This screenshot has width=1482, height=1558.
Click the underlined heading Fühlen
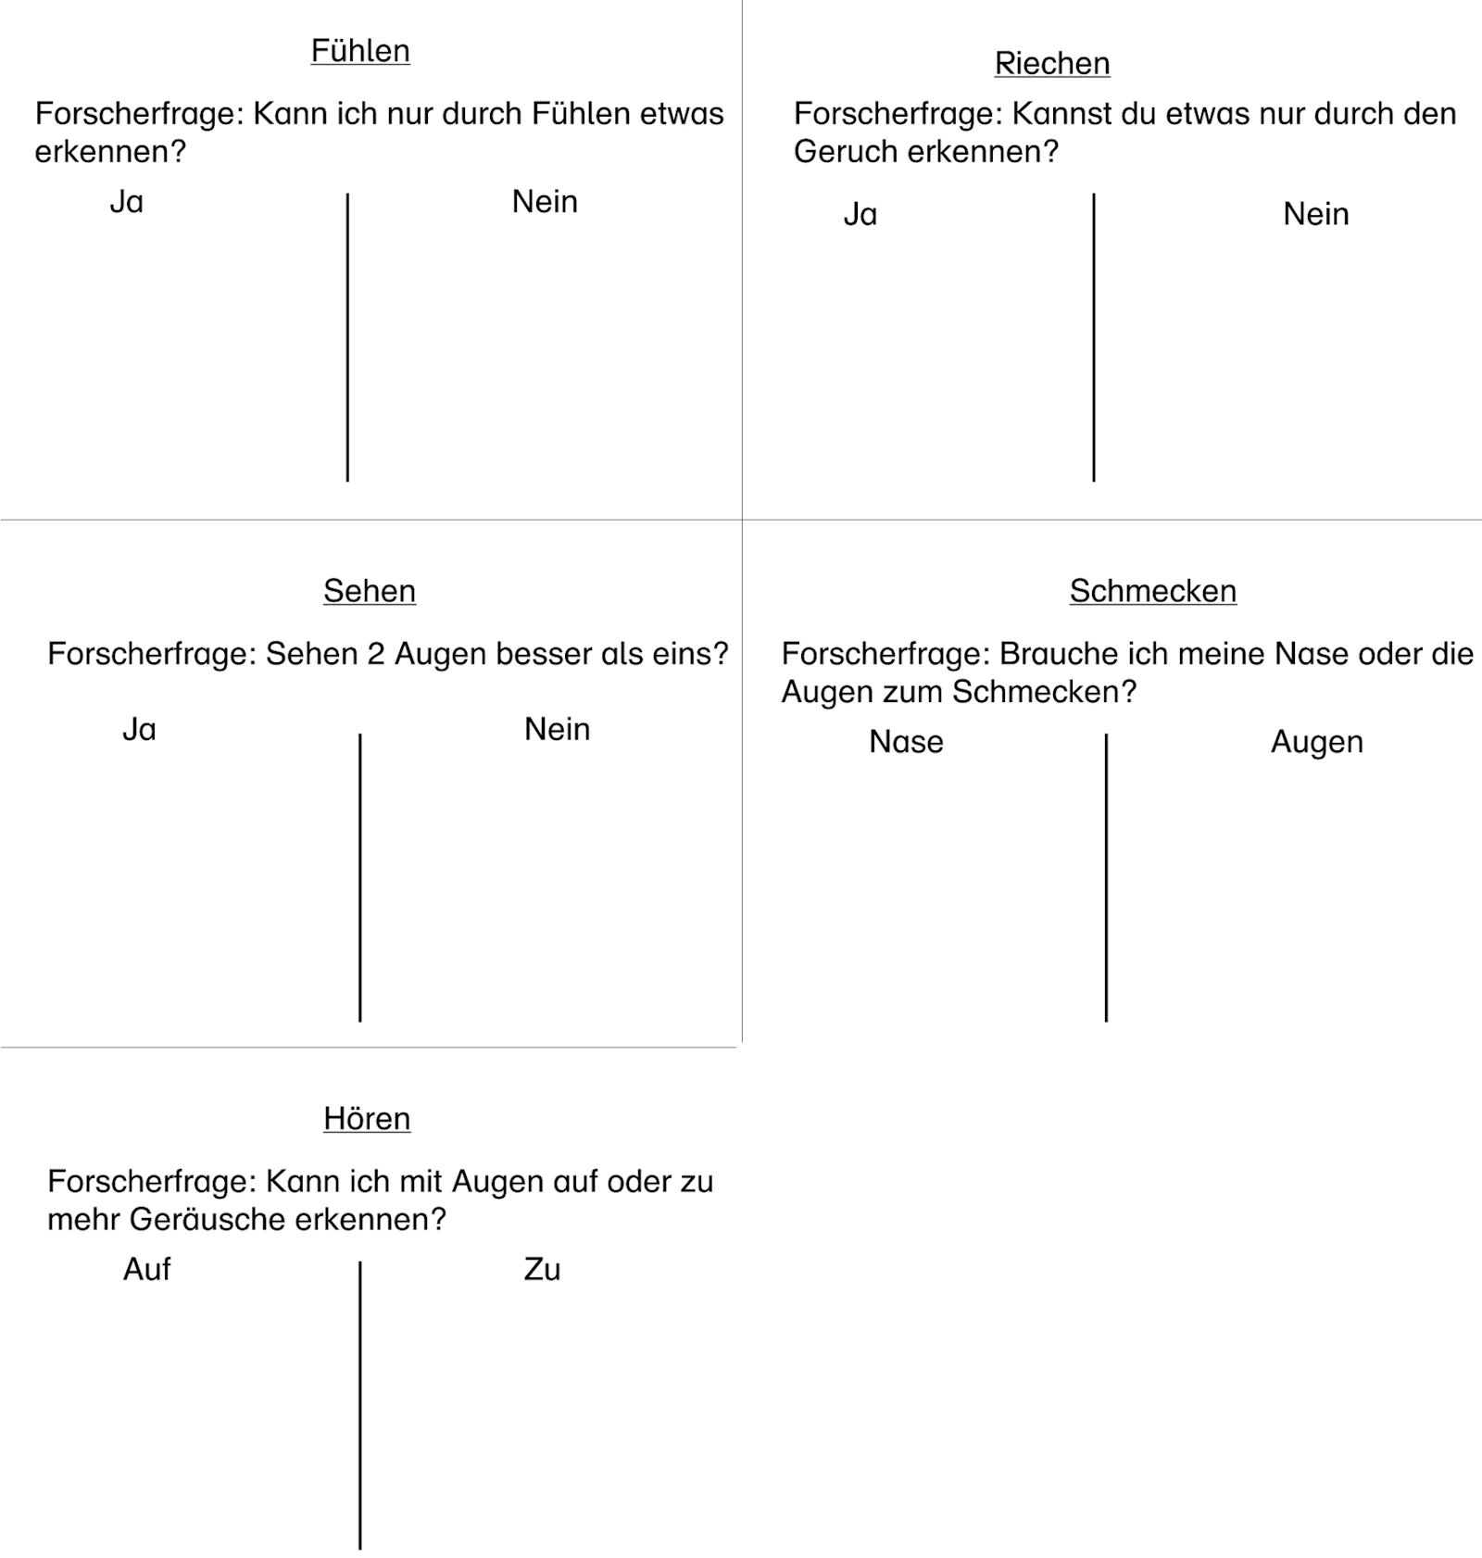[360, 51]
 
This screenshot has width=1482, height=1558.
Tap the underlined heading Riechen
[1052, 63]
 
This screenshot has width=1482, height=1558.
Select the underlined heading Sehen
[370, 591]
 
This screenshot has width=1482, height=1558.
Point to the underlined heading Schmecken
[1152, 591]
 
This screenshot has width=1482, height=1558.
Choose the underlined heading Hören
[367, 1118]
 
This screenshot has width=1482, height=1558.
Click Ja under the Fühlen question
[127, 202]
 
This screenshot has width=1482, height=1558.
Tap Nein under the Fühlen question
[545, 202]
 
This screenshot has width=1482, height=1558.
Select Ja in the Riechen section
[860, 215]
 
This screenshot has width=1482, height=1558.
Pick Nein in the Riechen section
[1315, 215]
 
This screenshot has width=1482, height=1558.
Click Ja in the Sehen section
[139, 730]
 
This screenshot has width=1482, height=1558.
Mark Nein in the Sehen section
[557, 730]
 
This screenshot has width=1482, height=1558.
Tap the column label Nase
[906, 742]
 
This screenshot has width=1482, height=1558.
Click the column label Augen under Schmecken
[1316, 742]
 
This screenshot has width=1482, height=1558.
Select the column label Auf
[146, 1269]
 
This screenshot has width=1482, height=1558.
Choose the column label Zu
[542, 1269]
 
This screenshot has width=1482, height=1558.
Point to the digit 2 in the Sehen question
[375, 655]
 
